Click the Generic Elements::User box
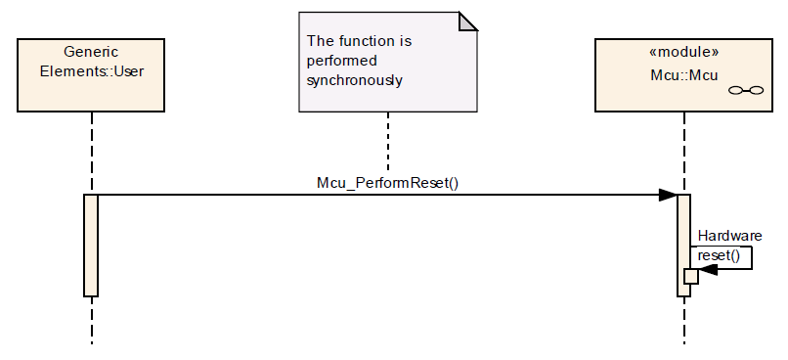[x=91, y=75]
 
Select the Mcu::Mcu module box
[x=683, y=75]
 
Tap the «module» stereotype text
[x=684, y=52]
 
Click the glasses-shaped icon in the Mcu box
[x=746, y=91]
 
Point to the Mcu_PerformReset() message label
[x=387, y=183]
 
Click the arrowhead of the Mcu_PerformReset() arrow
[x=669, y=195]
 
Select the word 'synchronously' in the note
[x=354, y=81]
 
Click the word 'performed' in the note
[x=342, y=61]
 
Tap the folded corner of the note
[x=468, y=22]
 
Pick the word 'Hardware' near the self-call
[x=729, y=236]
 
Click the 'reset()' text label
[x=719, y=255]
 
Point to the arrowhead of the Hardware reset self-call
[x=708, y=269]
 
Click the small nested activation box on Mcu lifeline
[x=691, y=277]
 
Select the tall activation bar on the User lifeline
[x=91, y=246]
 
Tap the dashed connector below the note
[x=388, y=142]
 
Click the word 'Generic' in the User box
[x=91, y=52]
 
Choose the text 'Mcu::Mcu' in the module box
[x=684, y=75]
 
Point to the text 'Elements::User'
[x=92, y=71]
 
